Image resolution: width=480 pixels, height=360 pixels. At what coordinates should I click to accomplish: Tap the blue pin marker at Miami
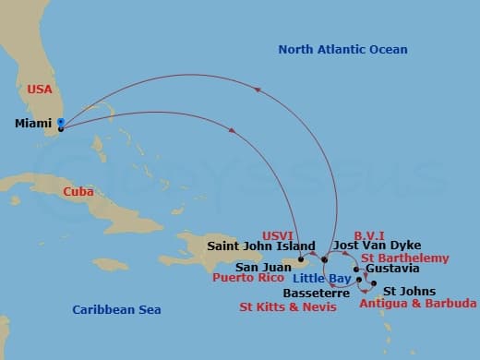click(60, 122)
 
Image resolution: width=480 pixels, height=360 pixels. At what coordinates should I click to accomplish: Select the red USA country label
click(40, 90)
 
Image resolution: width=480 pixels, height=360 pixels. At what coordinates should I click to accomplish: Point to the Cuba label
click(78, 191)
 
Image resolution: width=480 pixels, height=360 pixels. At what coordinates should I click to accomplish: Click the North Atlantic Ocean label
click(342, 49)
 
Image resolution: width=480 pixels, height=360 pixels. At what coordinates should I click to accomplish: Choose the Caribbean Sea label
click(116, 310)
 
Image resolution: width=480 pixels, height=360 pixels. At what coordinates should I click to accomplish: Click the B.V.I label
click(370, 236)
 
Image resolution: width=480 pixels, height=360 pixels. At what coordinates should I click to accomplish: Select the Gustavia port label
click(392, 269)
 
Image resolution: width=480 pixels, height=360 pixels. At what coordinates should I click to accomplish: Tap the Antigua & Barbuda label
click(417, 304)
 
